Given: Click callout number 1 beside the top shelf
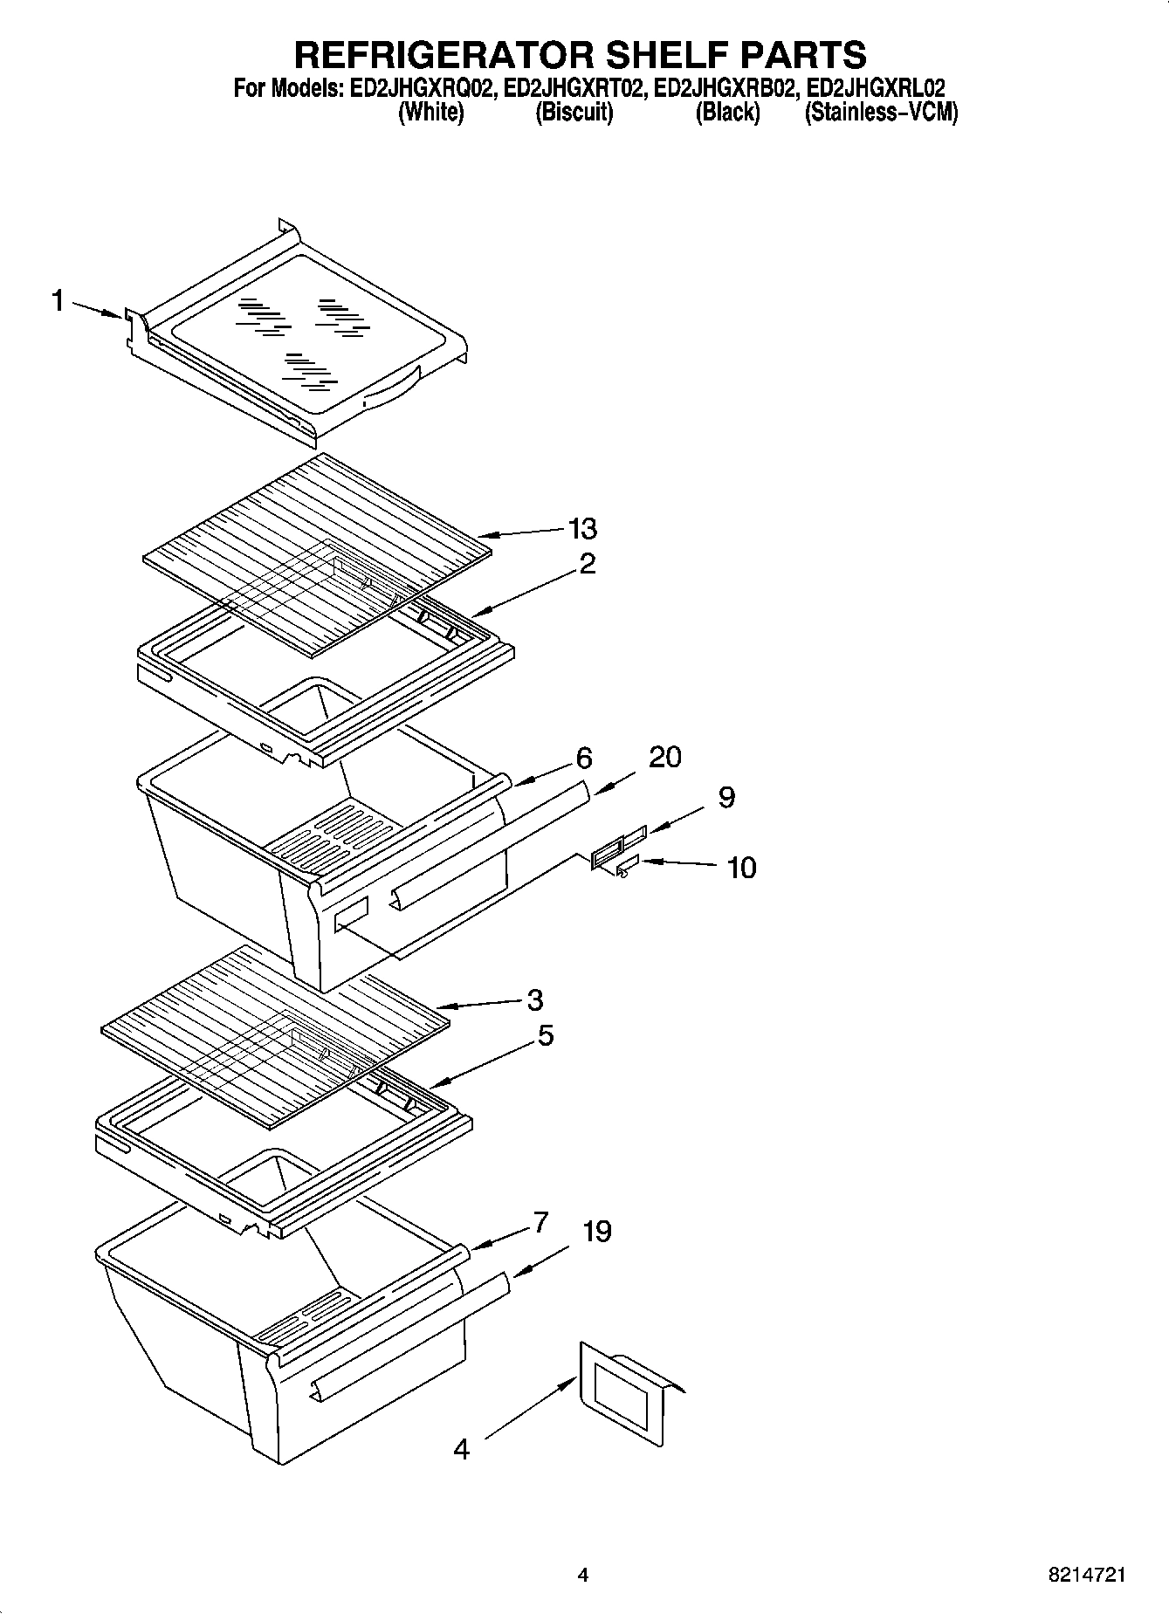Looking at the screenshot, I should pos(57,302).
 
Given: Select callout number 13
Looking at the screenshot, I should pos(582,528).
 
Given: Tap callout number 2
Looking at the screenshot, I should pos(588,564).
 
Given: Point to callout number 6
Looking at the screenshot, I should pos(584,758).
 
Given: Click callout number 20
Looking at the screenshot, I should pos(664,757).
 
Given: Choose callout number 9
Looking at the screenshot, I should pos(726,797).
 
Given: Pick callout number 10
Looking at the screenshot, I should pos(741,868).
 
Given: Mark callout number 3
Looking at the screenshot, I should pos(535,999).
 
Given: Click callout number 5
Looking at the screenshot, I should pos(545,1035).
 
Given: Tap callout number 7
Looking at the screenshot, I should pos(540,1222).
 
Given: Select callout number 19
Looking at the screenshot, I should pos(597,1232).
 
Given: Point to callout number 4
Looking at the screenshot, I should pos(462,1450).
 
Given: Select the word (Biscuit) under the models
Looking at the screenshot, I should pos(574,112).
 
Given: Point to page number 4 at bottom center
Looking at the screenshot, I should pos(583,1576).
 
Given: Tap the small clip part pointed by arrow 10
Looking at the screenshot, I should pos(625,869).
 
